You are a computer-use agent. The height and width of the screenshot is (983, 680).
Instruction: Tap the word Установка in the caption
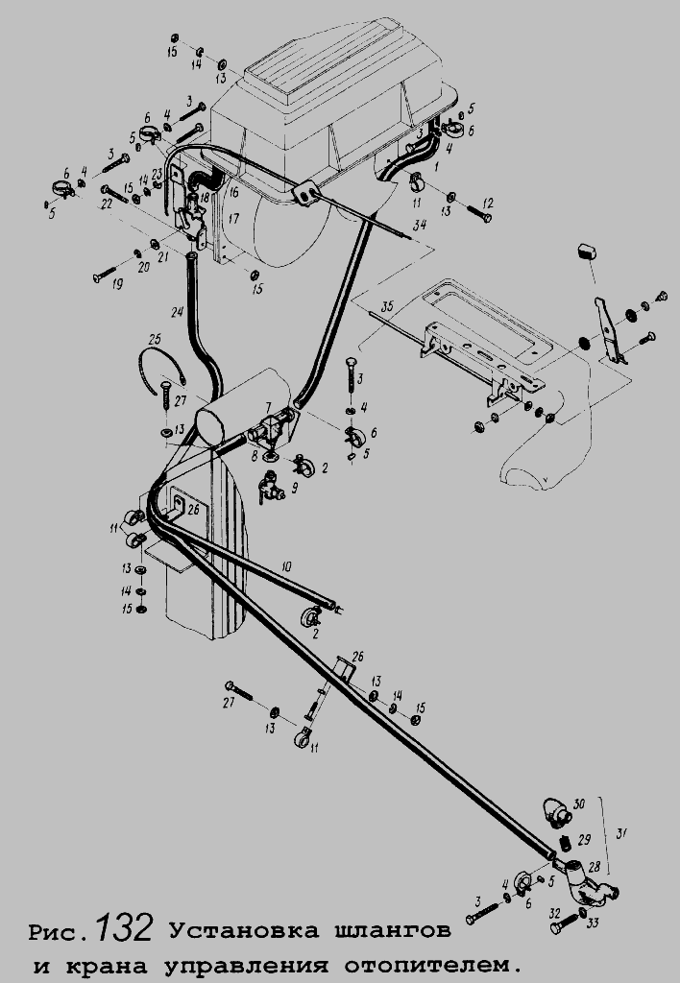(244, 931)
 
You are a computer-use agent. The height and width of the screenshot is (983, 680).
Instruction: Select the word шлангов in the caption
(394, 931)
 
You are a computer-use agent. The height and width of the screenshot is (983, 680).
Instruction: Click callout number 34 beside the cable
(417, 227)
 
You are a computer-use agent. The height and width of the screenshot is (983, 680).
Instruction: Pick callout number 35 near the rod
(386, 308)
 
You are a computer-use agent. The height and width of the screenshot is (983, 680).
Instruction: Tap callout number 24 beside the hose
(177, 312)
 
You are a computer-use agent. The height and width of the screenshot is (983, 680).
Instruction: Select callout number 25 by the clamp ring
(155, 339)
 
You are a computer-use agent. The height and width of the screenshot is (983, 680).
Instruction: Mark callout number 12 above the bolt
(487, 203)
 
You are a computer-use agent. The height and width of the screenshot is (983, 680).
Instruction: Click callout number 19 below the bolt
(117, 285)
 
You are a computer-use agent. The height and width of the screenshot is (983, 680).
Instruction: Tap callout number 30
(577, 803)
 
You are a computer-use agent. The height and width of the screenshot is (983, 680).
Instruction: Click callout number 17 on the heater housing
(232, 220)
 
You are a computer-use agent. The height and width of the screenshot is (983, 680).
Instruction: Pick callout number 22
(107, 203)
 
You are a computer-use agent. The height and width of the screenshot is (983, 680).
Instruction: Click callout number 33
(594, 923)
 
